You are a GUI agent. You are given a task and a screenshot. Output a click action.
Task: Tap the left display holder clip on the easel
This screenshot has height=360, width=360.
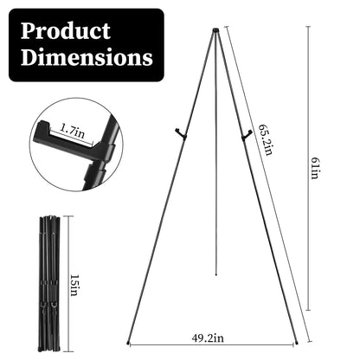coord(179,133)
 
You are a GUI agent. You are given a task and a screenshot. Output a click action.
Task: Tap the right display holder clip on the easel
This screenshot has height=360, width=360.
coord(247,132)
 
